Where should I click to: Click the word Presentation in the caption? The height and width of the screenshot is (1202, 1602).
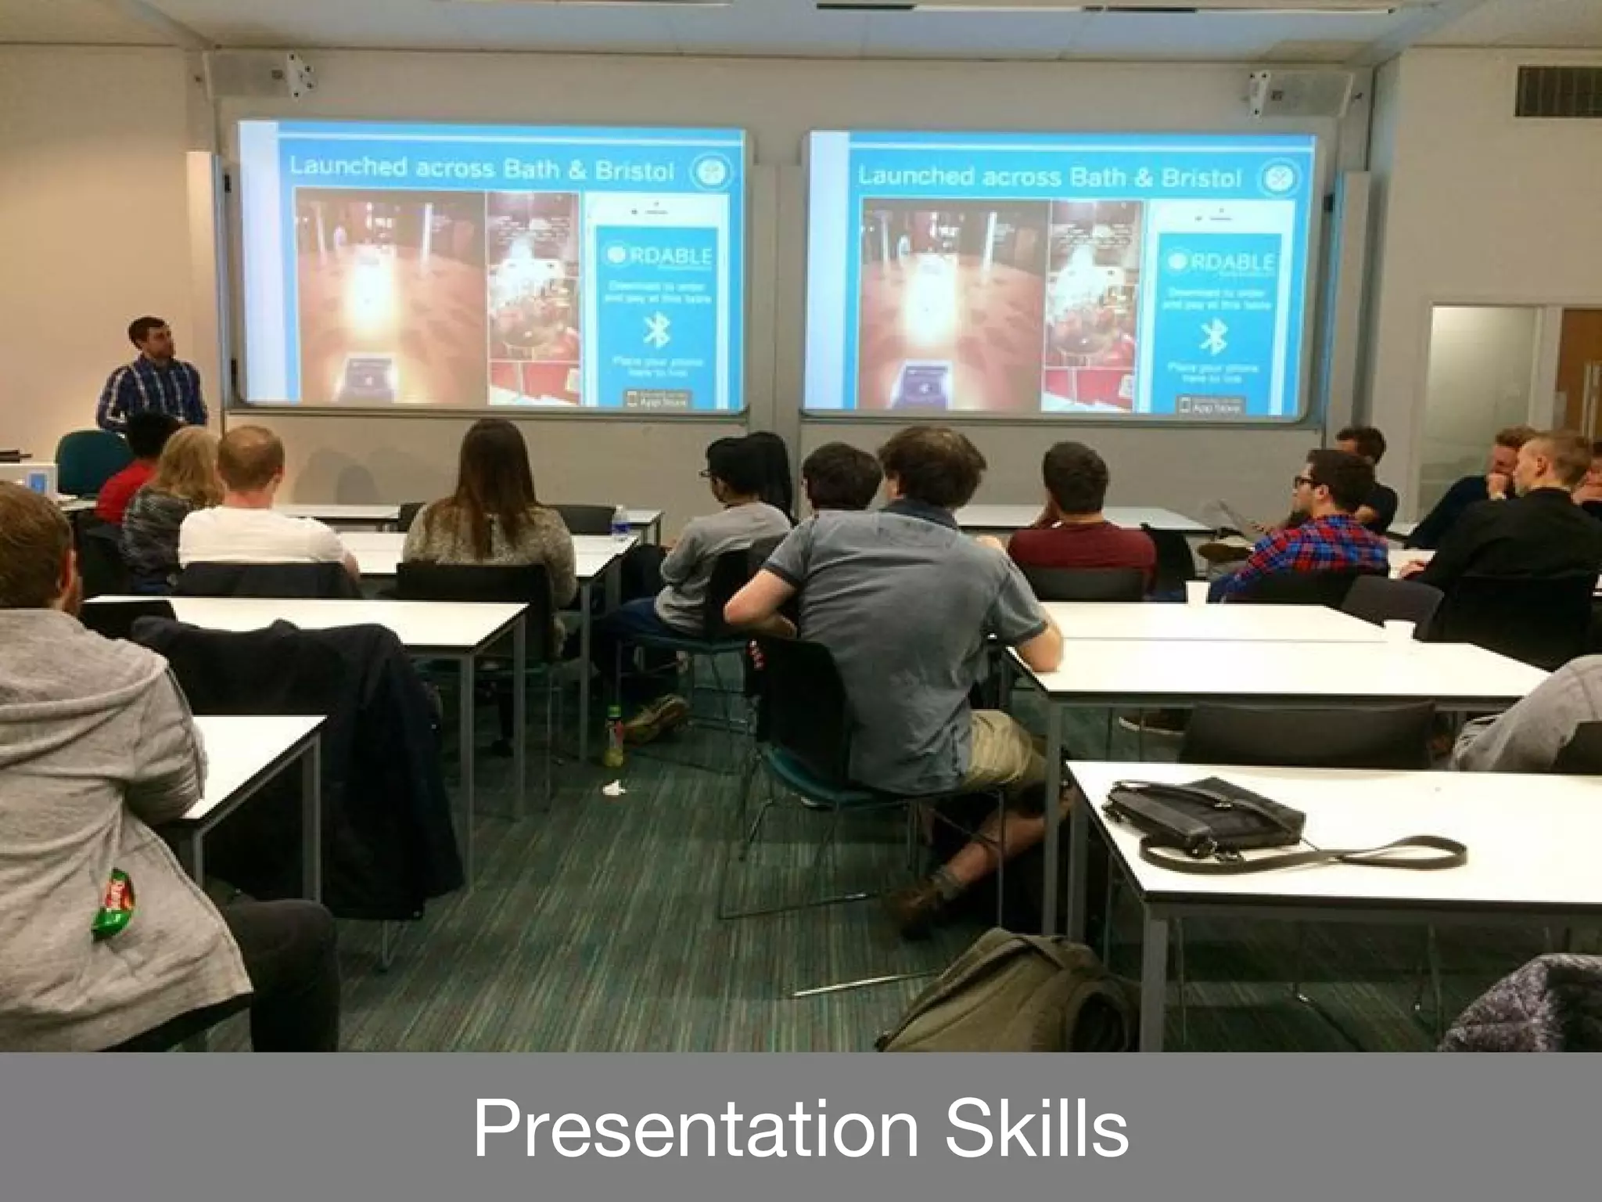click(x=695, y=1128)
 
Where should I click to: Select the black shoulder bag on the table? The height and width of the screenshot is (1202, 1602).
click(x=1205, y=819)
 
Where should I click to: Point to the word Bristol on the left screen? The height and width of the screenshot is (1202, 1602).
click(x=634, y=171)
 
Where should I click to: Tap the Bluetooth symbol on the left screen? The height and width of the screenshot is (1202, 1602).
click(x=654, y=331)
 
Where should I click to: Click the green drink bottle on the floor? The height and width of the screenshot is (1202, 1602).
click(x=615, y=736)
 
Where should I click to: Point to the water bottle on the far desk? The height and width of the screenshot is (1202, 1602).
click(x=621, y=523)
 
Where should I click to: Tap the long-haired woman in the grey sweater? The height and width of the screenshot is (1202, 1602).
click(x=490, y=509)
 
